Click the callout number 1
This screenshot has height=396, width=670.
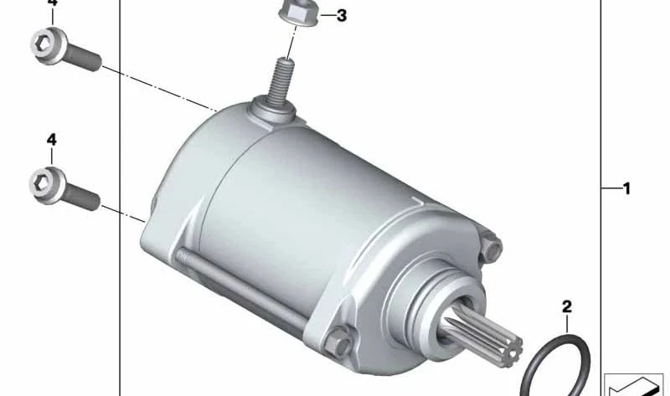tap(626, 188)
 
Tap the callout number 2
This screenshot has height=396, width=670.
tap(567, 306)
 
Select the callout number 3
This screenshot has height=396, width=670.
tap(342, 16)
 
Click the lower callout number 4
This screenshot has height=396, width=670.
tap(51, 140)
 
